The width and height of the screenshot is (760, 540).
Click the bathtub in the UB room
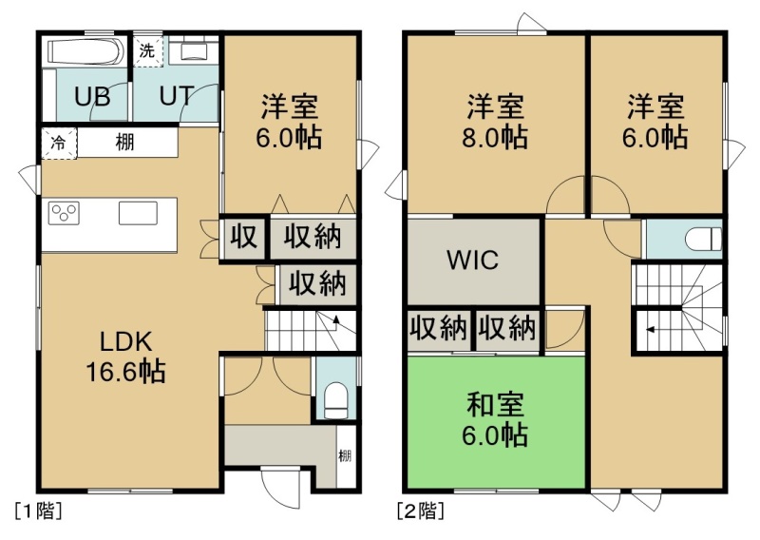85,51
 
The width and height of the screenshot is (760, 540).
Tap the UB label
92,96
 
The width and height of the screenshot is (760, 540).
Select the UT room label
177,96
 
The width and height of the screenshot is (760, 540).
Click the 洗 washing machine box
147,50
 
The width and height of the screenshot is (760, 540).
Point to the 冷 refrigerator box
59,143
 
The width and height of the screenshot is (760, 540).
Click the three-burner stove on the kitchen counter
64,214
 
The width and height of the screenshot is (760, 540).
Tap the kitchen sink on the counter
138,213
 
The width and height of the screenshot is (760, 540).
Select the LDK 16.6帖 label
125,357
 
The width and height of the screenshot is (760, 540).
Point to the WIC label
472,260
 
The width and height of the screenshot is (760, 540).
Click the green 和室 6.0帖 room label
495,419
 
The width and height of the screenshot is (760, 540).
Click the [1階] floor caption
39,511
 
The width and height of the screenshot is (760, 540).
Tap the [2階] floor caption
421,511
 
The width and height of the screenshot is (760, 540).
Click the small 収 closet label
243,238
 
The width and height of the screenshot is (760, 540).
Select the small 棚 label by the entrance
345,455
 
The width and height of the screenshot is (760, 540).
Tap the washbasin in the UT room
195,50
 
